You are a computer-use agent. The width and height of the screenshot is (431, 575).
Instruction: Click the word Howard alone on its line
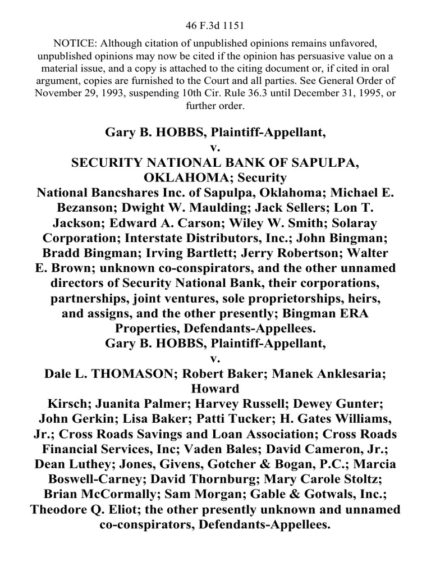(215, 389)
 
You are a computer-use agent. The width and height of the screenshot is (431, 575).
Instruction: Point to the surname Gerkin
(93, 420)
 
